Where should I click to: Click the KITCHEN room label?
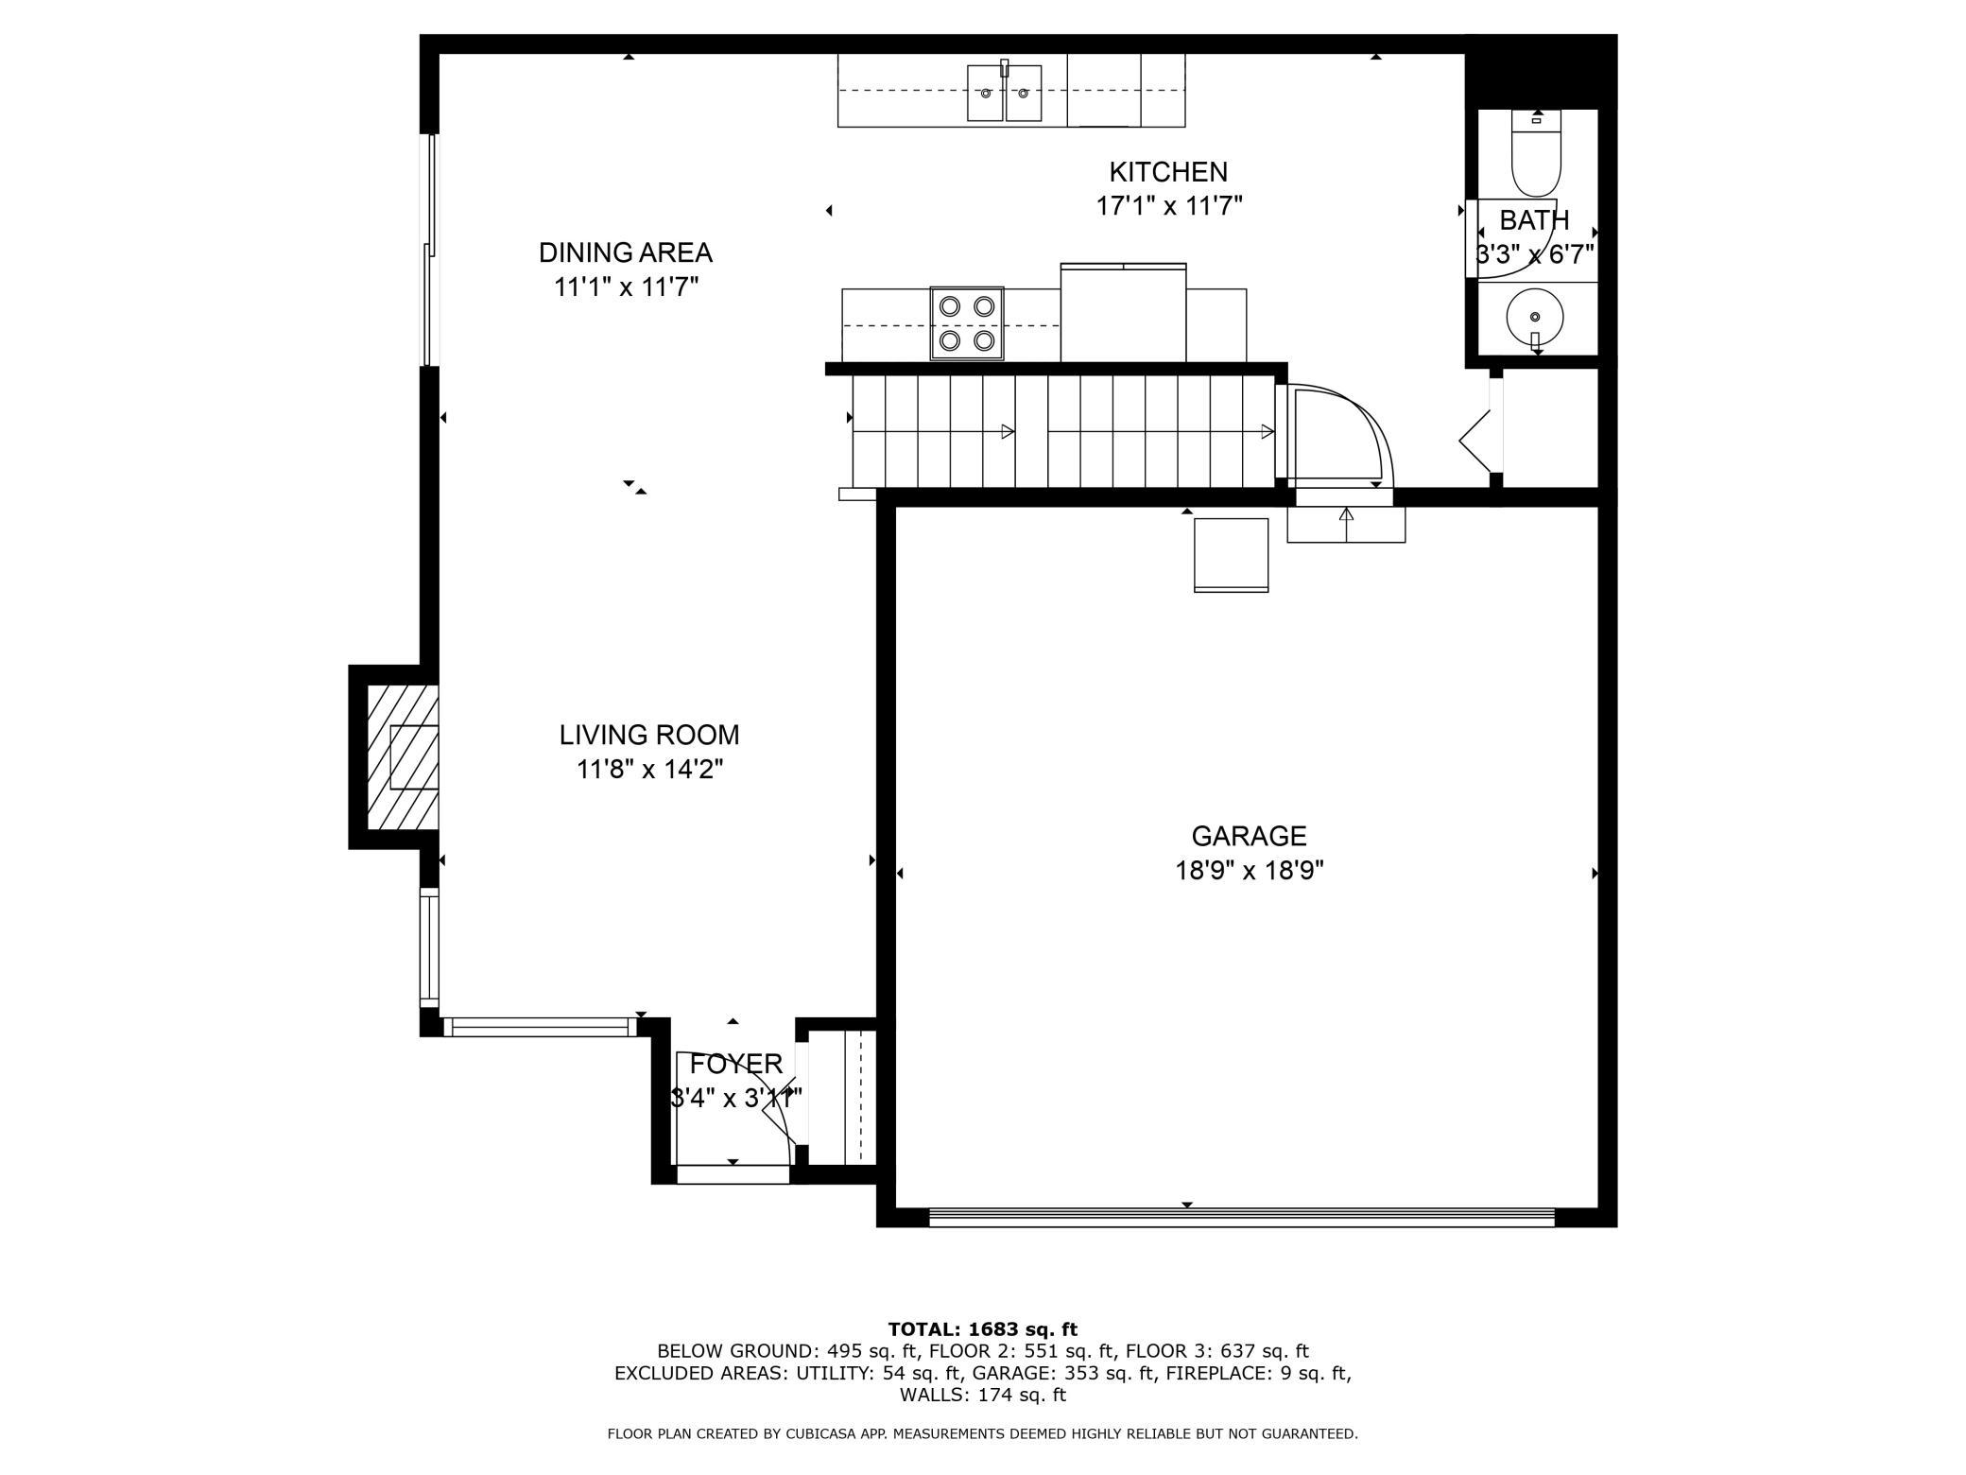tap(1168, 172)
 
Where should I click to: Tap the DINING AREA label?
tap(625, 252)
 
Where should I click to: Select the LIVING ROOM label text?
tap(649, 735)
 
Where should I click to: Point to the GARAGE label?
tap(1249, 836)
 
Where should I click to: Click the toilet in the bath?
tap(1536, 153)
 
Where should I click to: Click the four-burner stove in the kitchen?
tap(967, 323)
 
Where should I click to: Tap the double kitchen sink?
tap(1004, 93)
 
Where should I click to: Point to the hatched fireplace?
tap(403, 757)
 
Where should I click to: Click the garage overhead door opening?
tap(1242, 1218)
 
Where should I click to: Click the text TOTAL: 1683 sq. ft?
tap(982, 1329)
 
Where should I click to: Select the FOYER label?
tap(735, 1065)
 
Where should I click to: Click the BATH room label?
tap(1534, 220)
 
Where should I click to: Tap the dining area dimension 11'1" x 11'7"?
tap(626, 287)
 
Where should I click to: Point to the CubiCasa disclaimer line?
tap(982, 1434)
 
